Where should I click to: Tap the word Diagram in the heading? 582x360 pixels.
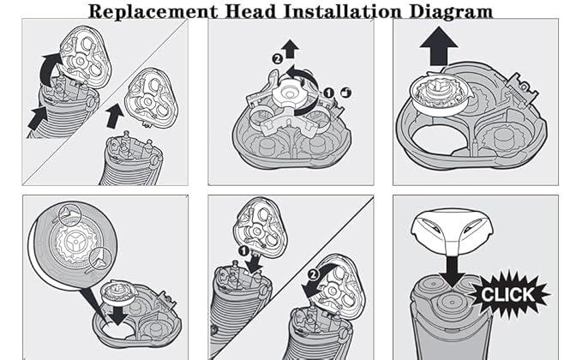[451, 11]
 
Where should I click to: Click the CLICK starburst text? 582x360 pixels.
[507, 296]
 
